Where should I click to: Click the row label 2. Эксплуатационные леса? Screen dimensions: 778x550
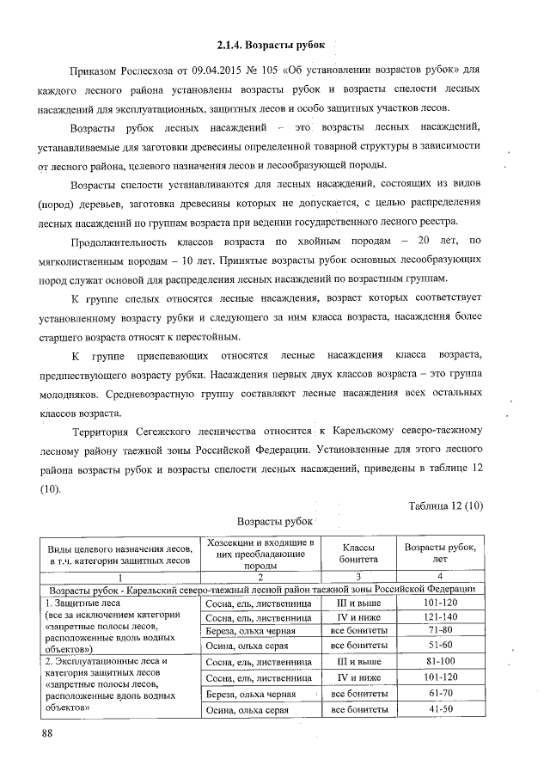[104, 662]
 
